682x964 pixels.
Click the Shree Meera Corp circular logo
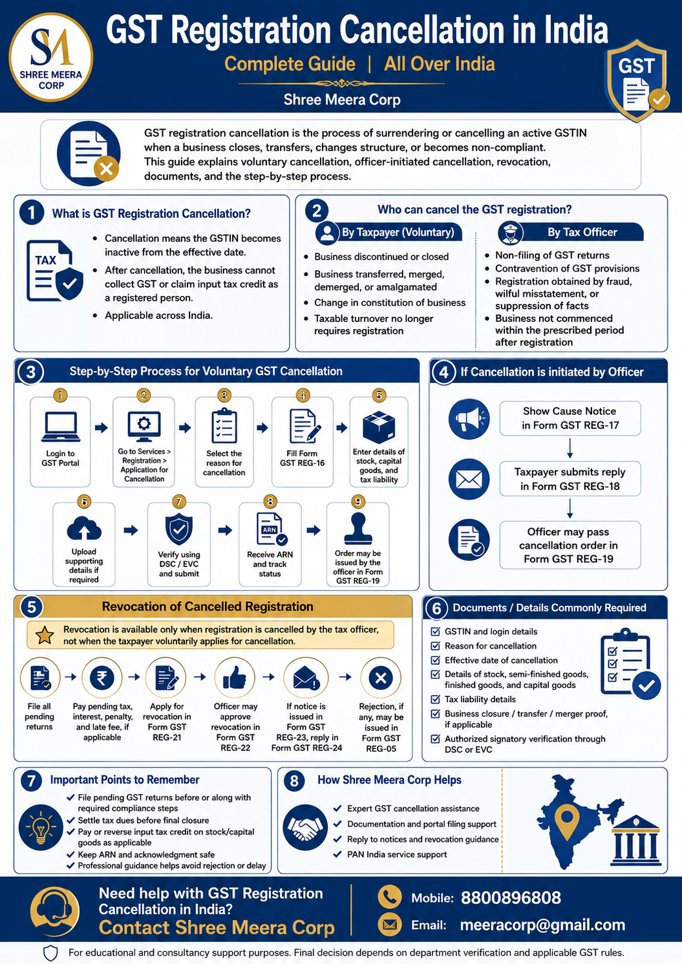click(51, 58)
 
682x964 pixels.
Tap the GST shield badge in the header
click(637, 80)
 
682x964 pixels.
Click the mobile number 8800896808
click(511, 897)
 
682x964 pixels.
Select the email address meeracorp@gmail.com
click(542, 925)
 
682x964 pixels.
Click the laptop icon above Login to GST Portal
click(61, 427)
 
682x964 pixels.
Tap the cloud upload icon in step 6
click(84, 528)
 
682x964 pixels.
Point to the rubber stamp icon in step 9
click(358, 528)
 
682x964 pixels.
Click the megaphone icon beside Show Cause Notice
click(469, 419)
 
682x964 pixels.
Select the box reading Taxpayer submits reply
click(570, 478)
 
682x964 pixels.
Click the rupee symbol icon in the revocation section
click(101, 678)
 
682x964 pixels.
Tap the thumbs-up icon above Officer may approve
click(235, 678)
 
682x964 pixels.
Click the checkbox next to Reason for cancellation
click(436, 645)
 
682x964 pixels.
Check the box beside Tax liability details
click(436, 699)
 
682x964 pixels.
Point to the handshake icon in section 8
click(305, 827)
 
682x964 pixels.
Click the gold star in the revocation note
click(45, 635)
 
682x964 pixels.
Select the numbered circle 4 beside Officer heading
click(443, 371)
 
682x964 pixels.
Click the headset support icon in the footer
click(54, 911)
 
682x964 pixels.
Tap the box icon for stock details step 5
click(379, 427)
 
